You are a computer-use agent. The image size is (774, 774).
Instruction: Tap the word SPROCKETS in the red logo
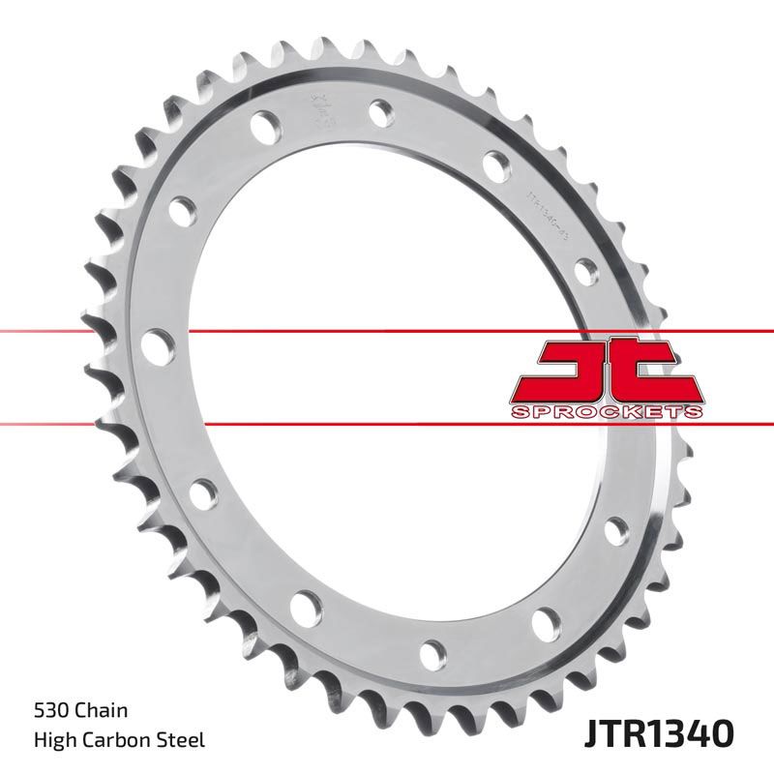(x=605, y=412)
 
